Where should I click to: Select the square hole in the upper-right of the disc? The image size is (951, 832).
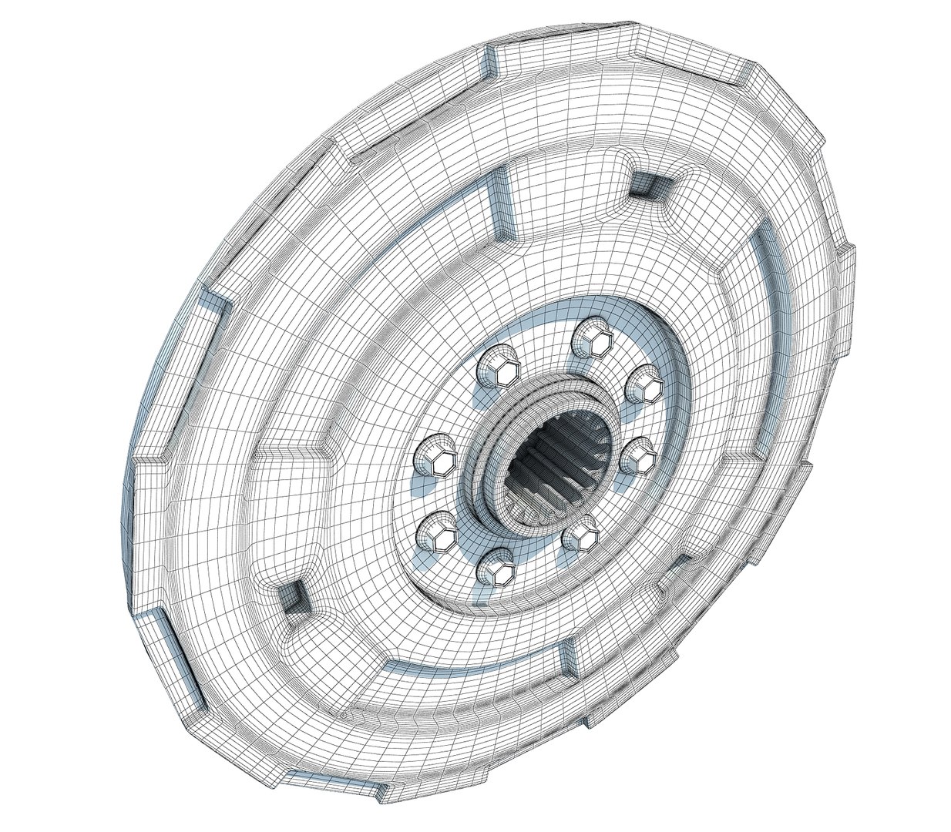pos(646,183)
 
